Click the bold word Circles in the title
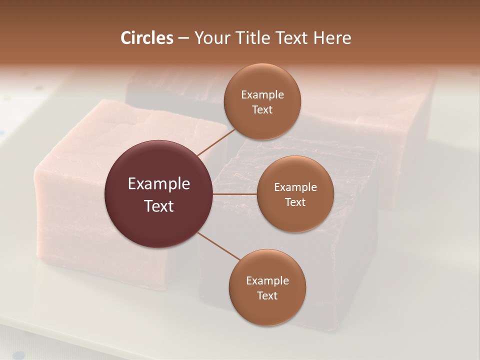click(146, 38)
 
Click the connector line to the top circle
click(216, 142)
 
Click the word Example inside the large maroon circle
click(158, 184)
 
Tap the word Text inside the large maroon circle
click(158, 206)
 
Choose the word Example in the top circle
click(262, 95)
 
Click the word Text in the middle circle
click(295, 202)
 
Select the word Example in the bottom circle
click(267, 281)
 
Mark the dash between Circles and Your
click(183, 38)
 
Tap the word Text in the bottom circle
click(267, 295)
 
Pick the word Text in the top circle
click(262, 109)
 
